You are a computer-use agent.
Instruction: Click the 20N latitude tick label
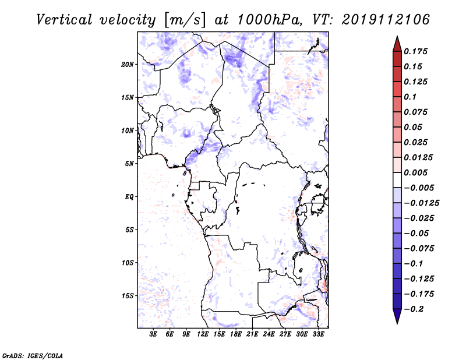[x=128, y=65]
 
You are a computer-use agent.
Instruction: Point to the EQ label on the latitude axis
[x=129, y=197]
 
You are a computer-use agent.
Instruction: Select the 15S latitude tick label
[x=128, y=296]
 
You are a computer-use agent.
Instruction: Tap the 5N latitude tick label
[x=129, y=164]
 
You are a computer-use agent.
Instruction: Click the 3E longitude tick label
[x=153, y=334]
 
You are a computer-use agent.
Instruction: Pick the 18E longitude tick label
[x=236, y=334]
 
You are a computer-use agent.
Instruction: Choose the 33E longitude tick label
[x=318, y=334]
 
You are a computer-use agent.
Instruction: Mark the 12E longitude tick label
[x=203, y=334]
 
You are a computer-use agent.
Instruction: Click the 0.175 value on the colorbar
[x=415, y=51]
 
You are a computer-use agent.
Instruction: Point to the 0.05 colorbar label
[x=413, y=127]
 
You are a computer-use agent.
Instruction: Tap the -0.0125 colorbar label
[x=421, y=203]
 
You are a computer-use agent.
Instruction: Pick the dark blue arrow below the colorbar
[x=397, y=316]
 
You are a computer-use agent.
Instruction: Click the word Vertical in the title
[x=64, y=20]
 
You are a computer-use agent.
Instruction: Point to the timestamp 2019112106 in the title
[x=386, y=20]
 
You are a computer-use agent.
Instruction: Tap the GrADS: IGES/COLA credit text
[x=33, y=355]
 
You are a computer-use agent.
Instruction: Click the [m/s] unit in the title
[x=185, y=20]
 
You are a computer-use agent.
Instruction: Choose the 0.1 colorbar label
[x=410, y=97]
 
